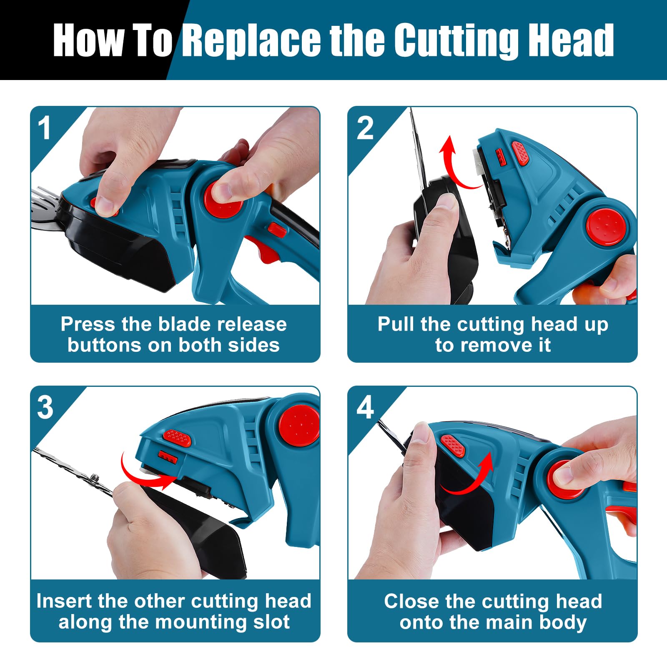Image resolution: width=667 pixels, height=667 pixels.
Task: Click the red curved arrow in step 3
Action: tap(144, 473)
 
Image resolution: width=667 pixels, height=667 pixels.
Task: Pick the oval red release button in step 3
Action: tap(177, 438)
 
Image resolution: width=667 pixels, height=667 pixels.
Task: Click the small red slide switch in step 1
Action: tap(277, 230)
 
